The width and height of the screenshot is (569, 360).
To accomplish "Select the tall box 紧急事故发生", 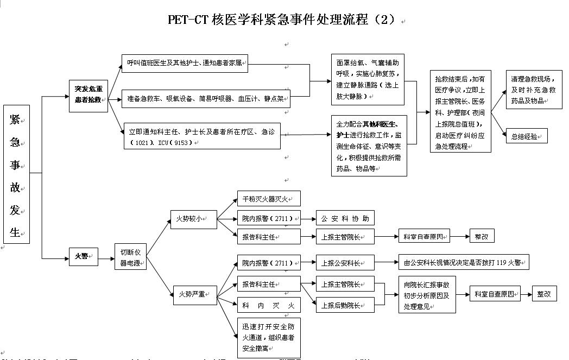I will [x=16, y=174].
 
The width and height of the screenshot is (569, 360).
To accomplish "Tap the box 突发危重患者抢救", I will [x=88, y=96].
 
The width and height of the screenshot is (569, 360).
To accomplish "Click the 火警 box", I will [x=83, y=256].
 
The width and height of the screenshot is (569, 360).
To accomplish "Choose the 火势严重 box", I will [x=194, y=294].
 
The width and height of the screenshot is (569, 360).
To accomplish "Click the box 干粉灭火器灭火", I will [x=268, y=199].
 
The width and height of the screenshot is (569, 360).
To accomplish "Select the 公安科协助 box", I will [x=345, y=219].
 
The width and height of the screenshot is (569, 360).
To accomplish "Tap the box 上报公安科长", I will [x=345, y=263].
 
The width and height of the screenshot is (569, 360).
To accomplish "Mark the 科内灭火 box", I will [x=268, y=306].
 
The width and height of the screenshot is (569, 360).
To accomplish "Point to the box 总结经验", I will [x=526, y=136].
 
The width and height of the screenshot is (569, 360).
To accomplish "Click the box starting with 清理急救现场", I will [x=533, y=90].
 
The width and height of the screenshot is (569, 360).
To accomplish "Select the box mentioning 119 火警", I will [x=463, y=263].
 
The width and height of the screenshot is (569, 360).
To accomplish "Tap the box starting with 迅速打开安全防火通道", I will [x=268, y=337].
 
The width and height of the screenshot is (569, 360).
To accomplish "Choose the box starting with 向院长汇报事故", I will [x=427, y=295].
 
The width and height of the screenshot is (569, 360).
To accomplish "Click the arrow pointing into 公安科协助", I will [x=308, y=219].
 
